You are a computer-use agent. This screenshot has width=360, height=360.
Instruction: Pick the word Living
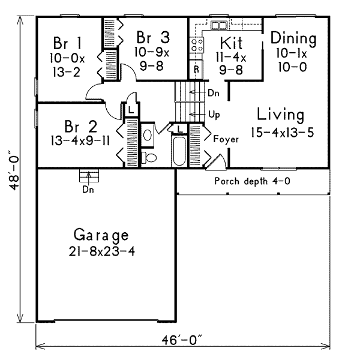click(x=280, y=114)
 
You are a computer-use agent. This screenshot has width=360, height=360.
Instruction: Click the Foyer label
click(x=226, y=139)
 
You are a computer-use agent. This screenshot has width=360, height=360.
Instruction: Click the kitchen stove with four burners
click(x=196, y=44)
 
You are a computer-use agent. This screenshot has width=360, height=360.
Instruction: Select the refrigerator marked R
click(x=196, y=68)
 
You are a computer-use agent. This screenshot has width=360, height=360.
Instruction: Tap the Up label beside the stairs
click(x=213, y=113)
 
